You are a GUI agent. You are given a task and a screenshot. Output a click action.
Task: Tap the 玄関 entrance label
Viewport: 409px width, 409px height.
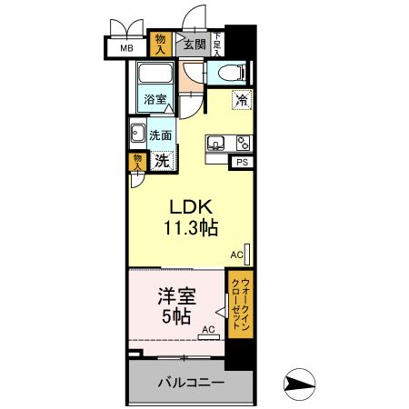193,44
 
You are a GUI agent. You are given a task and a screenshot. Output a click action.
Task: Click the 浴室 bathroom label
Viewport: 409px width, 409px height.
155,99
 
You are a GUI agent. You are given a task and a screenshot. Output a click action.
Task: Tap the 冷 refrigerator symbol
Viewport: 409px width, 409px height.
242,100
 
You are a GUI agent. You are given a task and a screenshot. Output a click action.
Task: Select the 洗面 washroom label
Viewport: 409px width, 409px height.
161,135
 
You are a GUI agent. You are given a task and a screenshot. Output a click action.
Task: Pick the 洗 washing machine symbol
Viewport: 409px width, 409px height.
161,162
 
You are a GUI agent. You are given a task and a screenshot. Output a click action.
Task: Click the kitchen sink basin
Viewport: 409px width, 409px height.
217,143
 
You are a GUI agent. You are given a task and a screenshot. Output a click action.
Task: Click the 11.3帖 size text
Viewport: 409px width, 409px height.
192,228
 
